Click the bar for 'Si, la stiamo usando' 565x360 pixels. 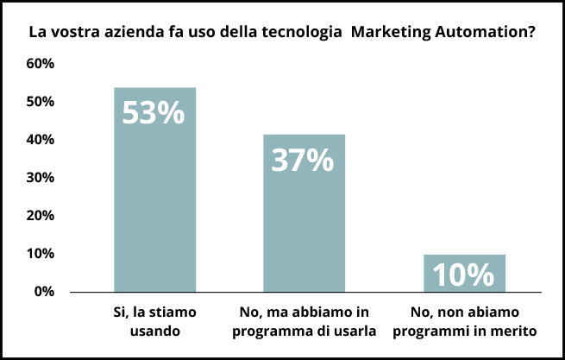coord(155,207)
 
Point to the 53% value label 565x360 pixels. coord(154,113)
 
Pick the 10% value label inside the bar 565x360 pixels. coord(463,275)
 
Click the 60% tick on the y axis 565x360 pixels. coord(41,64)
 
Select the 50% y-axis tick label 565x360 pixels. coord(41,102)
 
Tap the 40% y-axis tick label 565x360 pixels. coord(41,140)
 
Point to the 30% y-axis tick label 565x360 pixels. coord(41,178)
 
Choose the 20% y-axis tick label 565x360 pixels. coord(41,216)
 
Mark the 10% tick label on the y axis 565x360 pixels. coord(41,254)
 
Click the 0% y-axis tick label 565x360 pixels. coord(44,292)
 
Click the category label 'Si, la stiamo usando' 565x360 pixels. coord(155,320)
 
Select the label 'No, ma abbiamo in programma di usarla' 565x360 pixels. coord(304,320)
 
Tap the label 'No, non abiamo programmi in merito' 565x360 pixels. coord(464,320)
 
